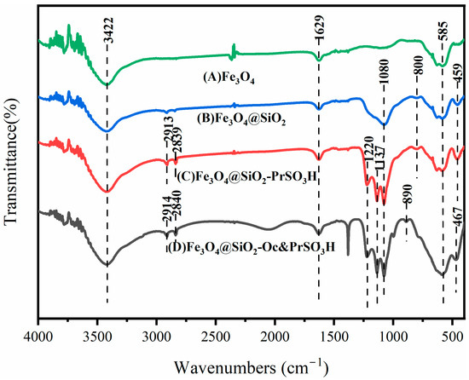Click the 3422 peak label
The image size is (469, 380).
[x=109, y=30]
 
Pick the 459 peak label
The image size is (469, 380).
[x=458, y=76]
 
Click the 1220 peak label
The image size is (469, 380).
[x=368, y=150]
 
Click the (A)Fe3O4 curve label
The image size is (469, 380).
[x=229, y=78]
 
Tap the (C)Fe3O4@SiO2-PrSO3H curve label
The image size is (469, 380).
[x=247, y=177]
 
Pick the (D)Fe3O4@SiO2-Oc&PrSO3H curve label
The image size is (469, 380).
[x=252, y=248]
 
